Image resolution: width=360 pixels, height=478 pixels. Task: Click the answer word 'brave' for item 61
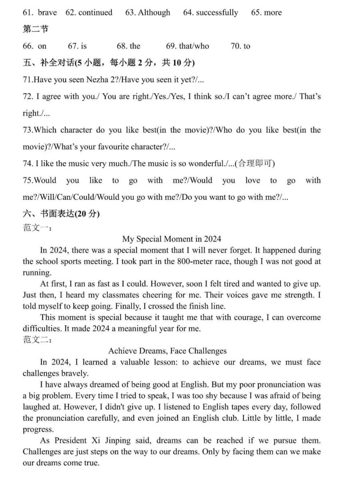tap(47, 12)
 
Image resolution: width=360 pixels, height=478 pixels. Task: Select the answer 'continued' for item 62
tap(95, 12)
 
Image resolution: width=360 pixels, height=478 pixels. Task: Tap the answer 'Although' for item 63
tap(154, 12)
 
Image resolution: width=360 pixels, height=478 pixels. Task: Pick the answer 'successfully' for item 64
tap(217, 12)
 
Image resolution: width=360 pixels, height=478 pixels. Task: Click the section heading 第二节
tap(36, 29)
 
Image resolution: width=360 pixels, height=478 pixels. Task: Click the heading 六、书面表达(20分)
tap(61, 214)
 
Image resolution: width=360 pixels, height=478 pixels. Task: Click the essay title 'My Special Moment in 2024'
tap(172, 239)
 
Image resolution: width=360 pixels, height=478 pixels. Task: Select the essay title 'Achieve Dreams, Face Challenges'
tap(168, 351)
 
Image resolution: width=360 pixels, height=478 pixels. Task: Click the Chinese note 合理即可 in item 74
tap(256, 163)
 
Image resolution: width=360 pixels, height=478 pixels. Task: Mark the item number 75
tap(28, 180)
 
